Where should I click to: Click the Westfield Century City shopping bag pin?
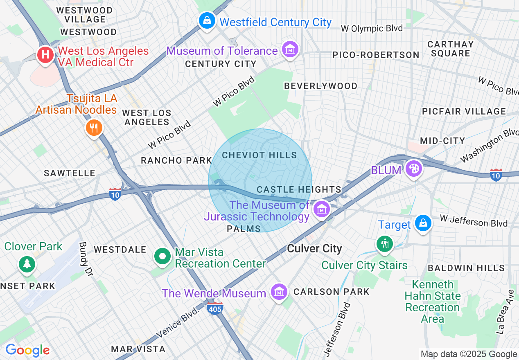(x=207, y=20)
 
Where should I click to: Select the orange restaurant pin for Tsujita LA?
(x=94, y=128)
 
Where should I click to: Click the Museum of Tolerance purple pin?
(x=290, y=49)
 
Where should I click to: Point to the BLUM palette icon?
(x=414, y=168)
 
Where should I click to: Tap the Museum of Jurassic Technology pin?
(x=322, y=209)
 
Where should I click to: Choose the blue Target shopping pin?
(x=422, y=223)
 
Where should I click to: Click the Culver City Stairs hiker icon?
(x=384, y=244)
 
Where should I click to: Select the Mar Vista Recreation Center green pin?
(x=162, y=257)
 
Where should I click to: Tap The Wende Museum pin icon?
(x=279, y=292)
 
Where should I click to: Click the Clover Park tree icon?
(x=27, y=263)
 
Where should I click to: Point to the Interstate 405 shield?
(x=215, y=308)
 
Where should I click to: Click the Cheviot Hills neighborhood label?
(x=259, y=155)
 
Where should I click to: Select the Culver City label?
(x=314, y=249)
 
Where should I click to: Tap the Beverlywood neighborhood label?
(x=320, y=86)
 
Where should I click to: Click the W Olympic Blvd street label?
(x=372, y=28)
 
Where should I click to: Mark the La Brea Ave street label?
(x=505, y=312)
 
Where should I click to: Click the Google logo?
(x=27, y=350)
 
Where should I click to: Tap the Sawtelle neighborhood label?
(x=70, y=173)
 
